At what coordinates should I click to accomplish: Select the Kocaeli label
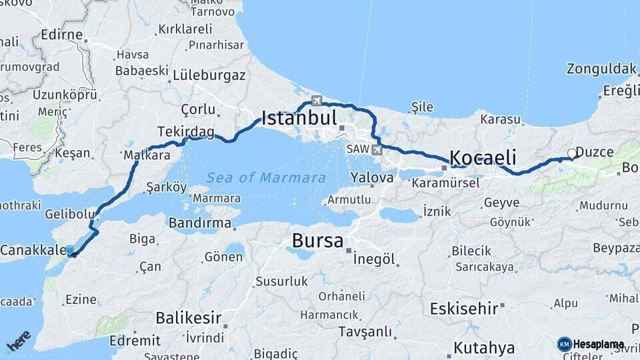coord(483,158)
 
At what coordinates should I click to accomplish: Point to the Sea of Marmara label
coord(266,178)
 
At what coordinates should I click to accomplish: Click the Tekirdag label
coord(186,132)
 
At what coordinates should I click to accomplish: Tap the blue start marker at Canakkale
coord(69,251)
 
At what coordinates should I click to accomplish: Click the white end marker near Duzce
coord(571,154)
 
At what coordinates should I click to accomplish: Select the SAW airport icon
coord(378,149)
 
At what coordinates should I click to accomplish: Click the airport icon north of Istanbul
coord(317,101)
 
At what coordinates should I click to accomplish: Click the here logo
coord(19,340)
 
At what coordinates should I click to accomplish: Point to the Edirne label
coord(61,35)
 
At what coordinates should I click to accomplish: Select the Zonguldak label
coord(601,69)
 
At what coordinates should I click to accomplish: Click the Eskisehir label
coord(464,309)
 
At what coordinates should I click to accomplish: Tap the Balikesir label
coord(188,317)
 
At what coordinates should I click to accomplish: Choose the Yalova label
coord(373,178)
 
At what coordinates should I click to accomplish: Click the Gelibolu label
coord(67,215)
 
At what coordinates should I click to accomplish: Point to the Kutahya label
coord(484,348)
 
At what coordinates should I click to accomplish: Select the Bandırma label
coord(199,223)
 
